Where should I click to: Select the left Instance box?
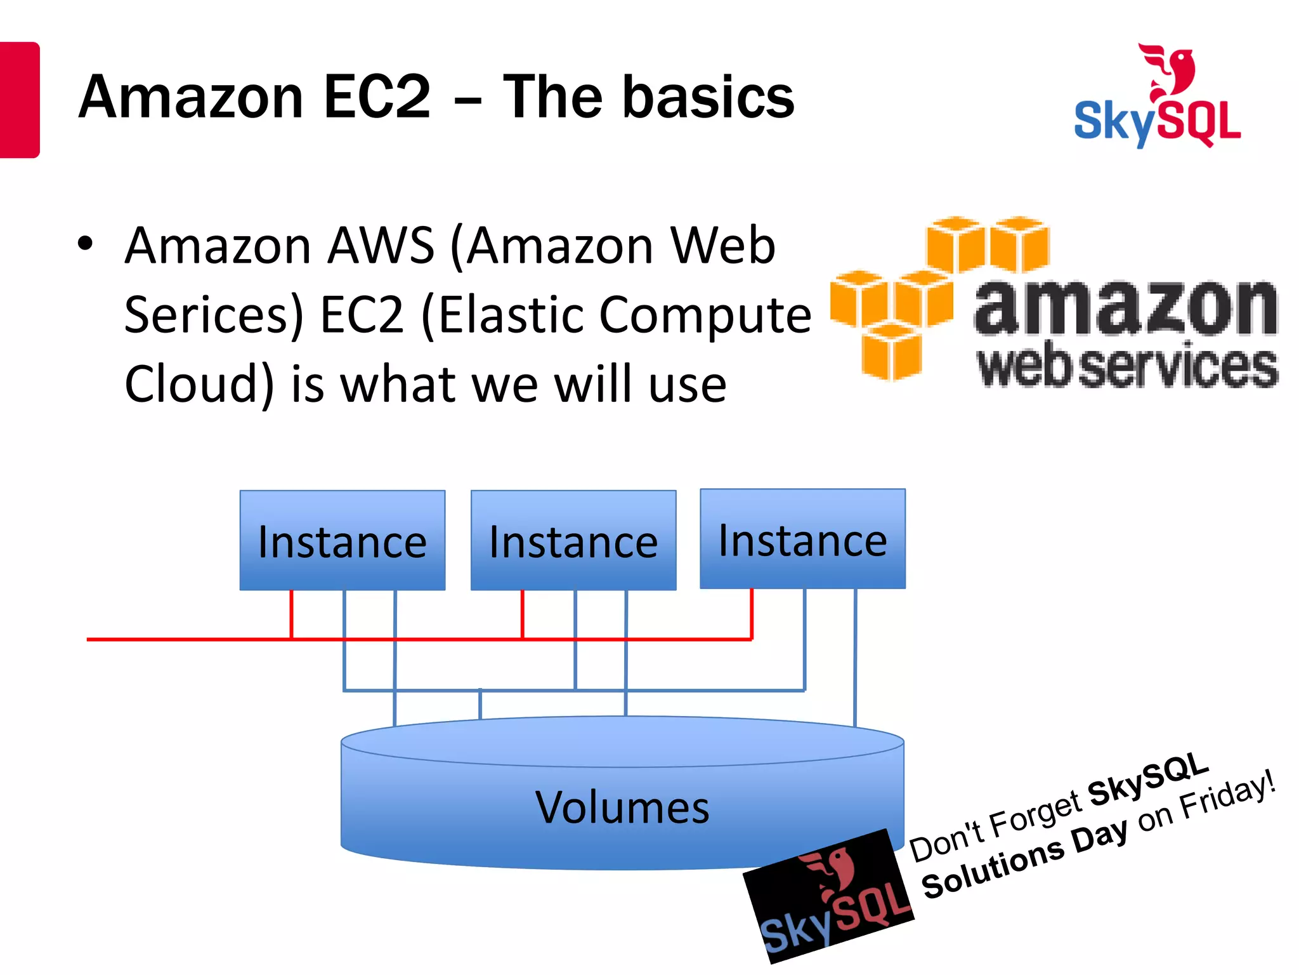[342, 540]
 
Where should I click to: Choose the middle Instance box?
[573, 540]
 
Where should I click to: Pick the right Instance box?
[802, 539]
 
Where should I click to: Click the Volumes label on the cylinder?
[622, 807]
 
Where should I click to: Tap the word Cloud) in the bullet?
[199, 384]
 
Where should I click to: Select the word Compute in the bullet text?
[705, 315]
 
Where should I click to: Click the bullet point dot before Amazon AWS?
[85, 243]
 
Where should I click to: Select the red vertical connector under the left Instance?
[291, 614]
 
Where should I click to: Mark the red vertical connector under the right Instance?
[752, 613]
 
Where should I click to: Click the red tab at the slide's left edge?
[19, 100]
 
